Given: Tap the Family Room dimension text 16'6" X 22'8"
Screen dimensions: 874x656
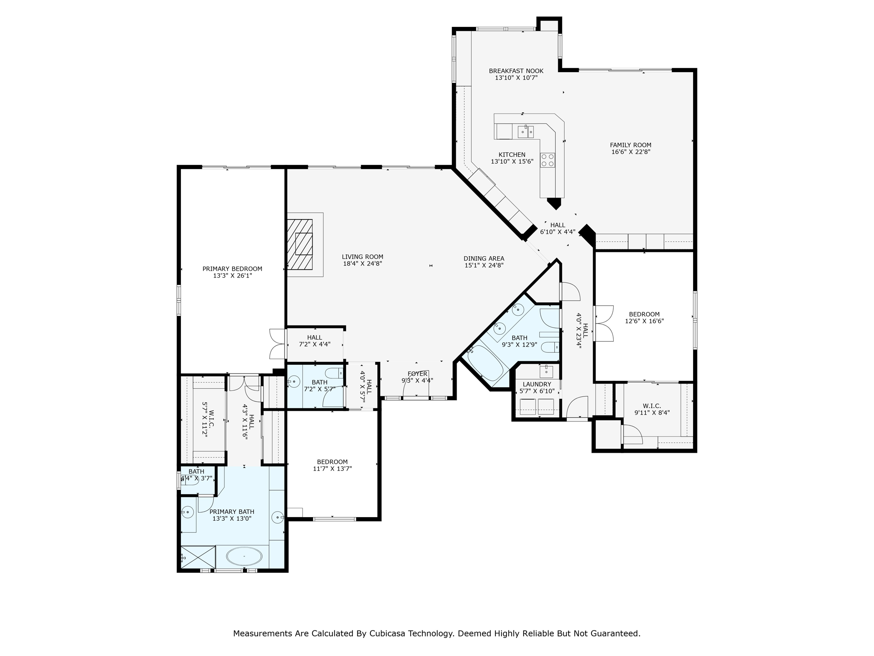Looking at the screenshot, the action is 630,152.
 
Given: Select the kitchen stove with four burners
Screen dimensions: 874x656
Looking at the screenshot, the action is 548,160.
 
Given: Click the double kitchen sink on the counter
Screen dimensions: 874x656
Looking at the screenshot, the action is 526,132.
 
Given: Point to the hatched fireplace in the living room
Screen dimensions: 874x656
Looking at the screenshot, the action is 300,244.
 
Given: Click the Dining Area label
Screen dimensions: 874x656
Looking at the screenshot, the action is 484,258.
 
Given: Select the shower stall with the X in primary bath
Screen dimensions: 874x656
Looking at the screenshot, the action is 198,557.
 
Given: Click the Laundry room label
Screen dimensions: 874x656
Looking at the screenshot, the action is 537,384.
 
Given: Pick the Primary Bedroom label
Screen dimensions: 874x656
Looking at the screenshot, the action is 232,269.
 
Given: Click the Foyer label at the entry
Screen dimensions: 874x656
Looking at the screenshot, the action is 417,374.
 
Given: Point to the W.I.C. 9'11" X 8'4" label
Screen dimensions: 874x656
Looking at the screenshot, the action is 652,409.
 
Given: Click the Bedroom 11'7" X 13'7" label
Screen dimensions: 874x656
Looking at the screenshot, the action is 332,465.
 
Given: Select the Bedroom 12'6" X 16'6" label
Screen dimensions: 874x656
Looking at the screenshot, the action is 644,318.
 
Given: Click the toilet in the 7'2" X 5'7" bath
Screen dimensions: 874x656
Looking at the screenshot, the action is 334,373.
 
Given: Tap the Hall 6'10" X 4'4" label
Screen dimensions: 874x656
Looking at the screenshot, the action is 558,228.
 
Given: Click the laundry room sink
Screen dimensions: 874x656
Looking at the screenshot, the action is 546,372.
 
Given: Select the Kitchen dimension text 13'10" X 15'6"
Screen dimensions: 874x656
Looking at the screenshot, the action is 512,161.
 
